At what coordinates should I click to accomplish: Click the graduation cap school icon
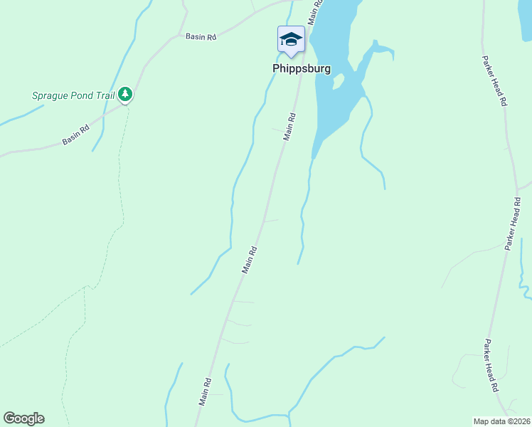[290, 39]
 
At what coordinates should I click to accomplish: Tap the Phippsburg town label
[302, 69]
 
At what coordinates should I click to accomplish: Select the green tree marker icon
[125, 93]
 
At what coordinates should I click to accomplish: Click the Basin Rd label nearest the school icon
[201, 36]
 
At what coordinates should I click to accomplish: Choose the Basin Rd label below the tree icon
[76, 135]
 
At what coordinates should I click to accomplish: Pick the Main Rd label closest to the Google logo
[205, 391]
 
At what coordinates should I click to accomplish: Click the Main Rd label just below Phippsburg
[289, 126]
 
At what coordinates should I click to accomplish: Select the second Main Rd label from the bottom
[249, 260]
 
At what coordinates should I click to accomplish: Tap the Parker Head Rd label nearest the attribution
[491, 366]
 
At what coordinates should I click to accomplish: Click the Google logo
[23, 418]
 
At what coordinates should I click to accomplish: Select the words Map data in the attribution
[489, 421]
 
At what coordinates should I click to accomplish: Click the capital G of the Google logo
[9, 418]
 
